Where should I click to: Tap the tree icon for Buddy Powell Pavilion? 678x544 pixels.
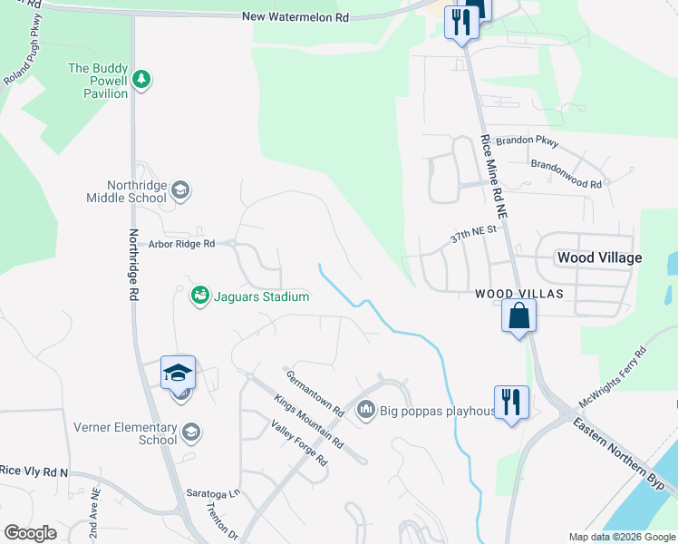[x=141, y=80]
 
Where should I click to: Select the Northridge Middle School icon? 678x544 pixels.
[x=180, y=189]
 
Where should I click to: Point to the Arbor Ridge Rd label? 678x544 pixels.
[x=182, y=244]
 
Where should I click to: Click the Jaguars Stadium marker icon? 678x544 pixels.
[x=199, y=295]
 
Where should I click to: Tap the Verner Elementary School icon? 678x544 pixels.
[x=190, y=433]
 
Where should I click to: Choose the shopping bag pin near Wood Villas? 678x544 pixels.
[x=519, y=316]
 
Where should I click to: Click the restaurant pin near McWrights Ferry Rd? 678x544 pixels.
[x=511, y=402]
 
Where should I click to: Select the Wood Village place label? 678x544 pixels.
[x=599, y=257]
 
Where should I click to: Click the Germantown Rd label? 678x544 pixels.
[x=315, y=393]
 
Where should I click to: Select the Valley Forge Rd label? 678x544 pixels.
[x=298, y=442]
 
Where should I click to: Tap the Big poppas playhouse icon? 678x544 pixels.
[x=366, y=410]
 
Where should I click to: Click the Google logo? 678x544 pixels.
[x=31, y=532]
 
